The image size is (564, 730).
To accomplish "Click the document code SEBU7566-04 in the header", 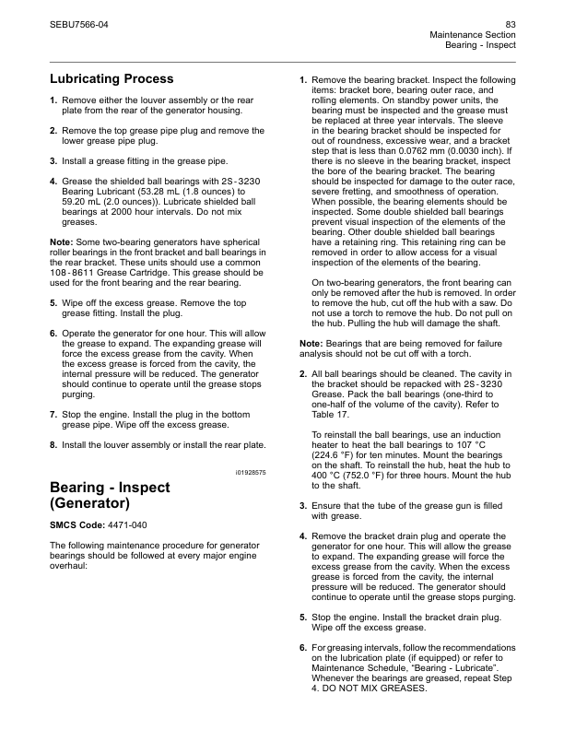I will tap(77, 22).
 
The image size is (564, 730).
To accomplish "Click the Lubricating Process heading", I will tap(111, 79).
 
